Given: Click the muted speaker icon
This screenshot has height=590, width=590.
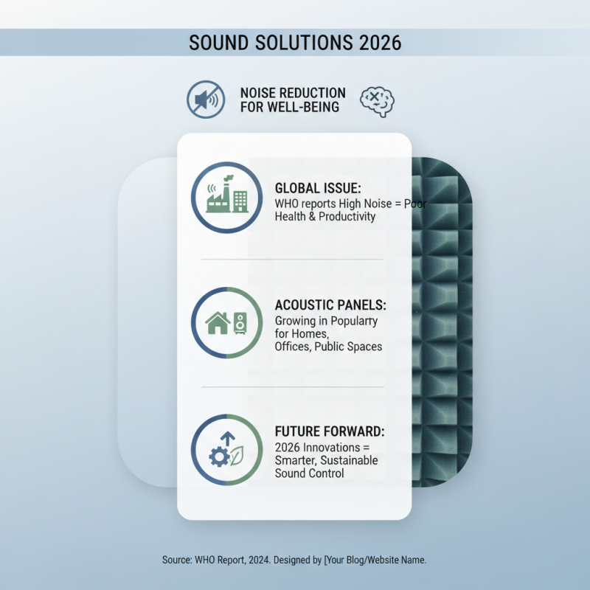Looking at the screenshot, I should (205, 100).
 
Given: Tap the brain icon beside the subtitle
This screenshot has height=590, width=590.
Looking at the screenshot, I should (376, 101).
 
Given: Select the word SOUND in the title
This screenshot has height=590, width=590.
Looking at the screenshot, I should (220, 42).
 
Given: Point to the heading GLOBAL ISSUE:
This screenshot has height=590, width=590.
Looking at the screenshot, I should (318, 188).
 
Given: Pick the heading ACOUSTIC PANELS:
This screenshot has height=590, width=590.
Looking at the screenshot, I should (330, 305).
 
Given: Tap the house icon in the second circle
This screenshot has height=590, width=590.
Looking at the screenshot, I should (218, 323).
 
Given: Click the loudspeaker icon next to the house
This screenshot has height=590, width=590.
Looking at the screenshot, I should (240, 323).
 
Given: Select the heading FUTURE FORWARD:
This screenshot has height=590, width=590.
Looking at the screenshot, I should (330, 431).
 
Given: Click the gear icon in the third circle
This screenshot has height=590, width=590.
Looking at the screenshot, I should (219, 457).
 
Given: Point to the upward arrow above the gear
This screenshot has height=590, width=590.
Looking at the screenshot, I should (228, 439).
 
